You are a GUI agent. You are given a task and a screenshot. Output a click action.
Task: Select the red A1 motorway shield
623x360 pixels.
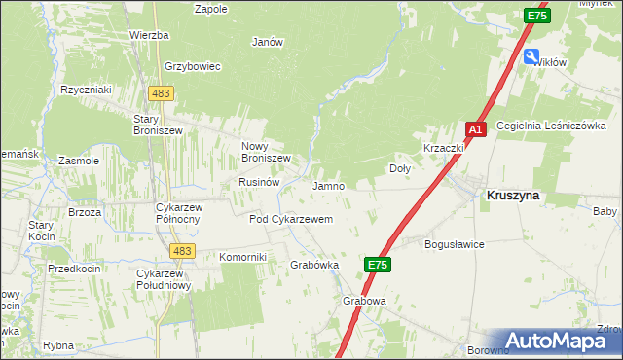(475, 128)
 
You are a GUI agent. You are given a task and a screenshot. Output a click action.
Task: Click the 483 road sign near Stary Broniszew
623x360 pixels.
(161, 92)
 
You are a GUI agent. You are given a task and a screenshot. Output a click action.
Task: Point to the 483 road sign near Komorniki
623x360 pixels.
(180, 251)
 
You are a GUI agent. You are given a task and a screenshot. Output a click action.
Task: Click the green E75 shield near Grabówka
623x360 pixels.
(380, 264)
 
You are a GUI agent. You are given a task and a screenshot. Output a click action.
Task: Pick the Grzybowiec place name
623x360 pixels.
(194, 66)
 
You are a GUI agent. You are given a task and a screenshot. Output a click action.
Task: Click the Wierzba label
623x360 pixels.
(149, 35)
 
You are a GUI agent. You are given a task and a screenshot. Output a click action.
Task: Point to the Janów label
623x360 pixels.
(267, 42)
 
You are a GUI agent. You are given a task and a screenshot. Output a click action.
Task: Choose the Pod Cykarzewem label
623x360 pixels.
(291, 220)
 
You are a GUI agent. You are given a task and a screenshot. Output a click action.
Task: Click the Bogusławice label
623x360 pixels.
(455, 244)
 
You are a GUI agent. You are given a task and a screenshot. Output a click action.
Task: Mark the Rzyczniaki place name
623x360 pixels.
(86, 90)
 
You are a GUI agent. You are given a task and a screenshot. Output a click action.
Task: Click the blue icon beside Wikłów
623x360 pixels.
(532, 56)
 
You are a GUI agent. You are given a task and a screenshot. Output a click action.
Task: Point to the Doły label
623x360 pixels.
(400, 167)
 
